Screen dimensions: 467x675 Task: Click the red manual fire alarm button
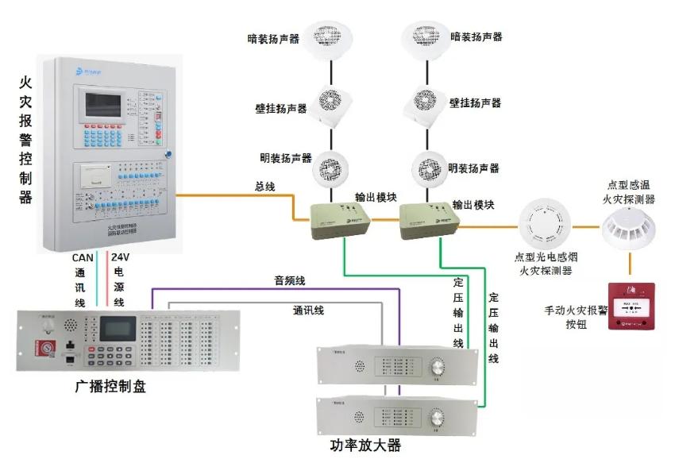(x=632, y=306)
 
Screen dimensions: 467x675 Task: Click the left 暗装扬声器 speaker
(x=330, y=37)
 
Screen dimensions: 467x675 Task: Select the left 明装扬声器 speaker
(x=330, y=168)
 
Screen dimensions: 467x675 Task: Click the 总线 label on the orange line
(x=264, y=186)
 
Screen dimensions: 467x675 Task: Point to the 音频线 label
(x=289, y=280)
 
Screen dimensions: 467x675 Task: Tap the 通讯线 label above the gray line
(x=308, y=311)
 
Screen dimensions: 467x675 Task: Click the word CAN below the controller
(x=83, y=257)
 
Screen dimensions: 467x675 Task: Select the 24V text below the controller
(x=119, y=257)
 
